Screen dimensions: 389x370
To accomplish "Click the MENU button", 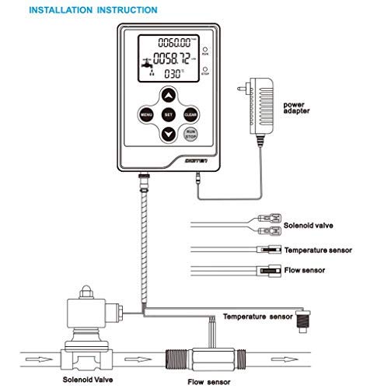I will (x=146, y=114).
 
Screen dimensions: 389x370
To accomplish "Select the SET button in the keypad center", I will (x=168, y=114).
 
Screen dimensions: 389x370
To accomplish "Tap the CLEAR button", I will (x=189, y=114).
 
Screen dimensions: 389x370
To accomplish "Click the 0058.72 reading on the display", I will (x=173, y=59).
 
